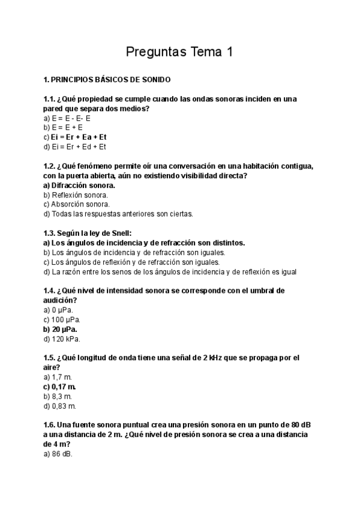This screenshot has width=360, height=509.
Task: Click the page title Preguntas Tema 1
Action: (179, 52)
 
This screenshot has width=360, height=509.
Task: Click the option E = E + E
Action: (67, 127)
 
